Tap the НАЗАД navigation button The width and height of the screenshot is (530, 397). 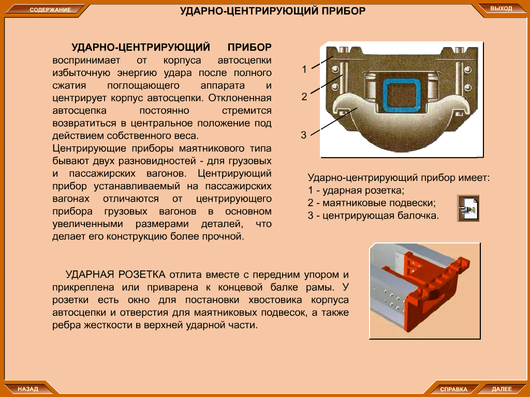28,389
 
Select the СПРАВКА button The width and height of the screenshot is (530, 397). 453,389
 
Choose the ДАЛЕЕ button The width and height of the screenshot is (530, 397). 502,389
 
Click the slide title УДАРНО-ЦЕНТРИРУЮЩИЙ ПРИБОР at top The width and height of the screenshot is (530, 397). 272,11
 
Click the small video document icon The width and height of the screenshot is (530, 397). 468,208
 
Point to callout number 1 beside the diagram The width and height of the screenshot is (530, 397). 304,69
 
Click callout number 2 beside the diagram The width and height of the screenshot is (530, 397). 304,97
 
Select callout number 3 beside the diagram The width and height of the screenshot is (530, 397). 303,135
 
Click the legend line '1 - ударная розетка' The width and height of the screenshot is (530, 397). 356,190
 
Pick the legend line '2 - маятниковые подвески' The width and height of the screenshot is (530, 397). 372,203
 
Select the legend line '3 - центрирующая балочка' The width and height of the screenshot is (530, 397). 373,216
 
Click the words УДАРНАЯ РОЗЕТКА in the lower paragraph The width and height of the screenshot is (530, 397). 115,274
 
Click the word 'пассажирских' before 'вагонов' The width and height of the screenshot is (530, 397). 102,174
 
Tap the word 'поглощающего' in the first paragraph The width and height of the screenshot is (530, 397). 143,85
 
